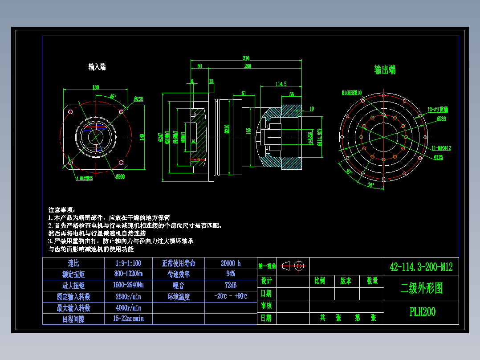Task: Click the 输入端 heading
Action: click(97, 67)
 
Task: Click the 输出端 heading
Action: click(385, 70)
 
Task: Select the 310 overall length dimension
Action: click(246, 58)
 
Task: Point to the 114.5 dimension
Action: click(281, 83)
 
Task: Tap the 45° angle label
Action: click(113, 96)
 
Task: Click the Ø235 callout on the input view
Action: click(138, 99)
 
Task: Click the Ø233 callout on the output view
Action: click(441, 119)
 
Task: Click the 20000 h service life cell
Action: click(230, 263)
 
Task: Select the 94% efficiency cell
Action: click(230, 274)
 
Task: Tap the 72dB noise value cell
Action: click(230, 285)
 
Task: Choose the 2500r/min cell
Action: click(128, 296)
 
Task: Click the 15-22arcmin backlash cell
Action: click(128, 319)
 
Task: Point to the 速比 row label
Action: click(73, 263)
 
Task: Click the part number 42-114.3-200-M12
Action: click(421, 267)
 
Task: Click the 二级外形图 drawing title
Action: click(421, 288)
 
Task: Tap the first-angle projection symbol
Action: click(293, 266)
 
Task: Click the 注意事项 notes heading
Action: click(62, 209)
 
